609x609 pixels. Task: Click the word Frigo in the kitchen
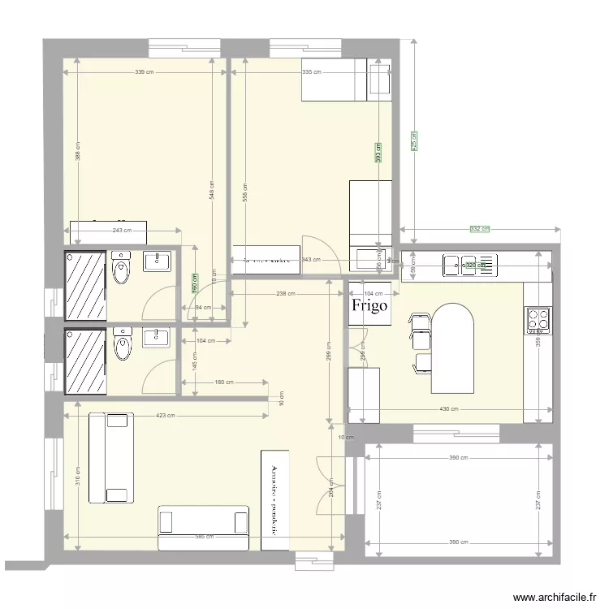(x=369, y=306)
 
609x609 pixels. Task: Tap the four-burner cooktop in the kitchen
(x=537, y=319)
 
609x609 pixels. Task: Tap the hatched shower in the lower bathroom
(x=86, y=362)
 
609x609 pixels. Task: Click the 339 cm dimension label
(x=145, y=72)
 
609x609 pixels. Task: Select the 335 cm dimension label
(x=312, y=72)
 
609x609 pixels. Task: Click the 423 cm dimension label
(x=165, y=416)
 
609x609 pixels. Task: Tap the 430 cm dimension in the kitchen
(x=449, y=409)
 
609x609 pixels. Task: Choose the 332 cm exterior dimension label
(x=480, y=229)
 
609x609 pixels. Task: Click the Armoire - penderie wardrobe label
(x=275, y=500)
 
